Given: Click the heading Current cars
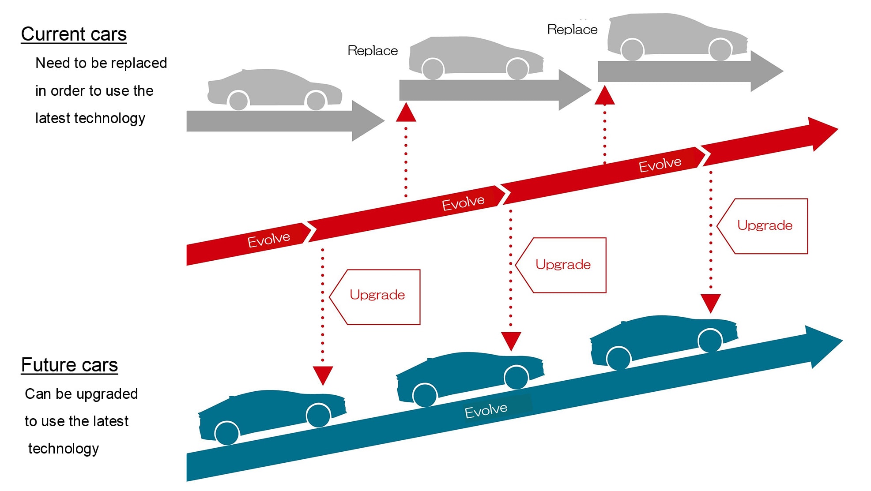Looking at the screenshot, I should pyautogui.click(x=74, y=34).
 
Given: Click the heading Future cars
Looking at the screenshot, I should pyautogui.click(x=69, y=365).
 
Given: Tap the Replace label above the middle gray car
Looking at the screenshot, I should pyautogui.click(x=373, y=51).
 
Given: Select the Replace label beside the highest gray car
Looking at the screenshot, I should pyautogui.click(x=572, y=30).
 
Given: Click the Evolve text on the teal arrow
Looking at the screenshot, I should pyautogui.click(x=486, y=411).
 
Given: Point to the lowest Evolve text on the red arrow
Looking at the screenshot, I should pyautogui.click(x=268, y=240).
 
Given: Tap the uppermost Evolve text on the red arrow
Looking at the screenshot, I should pyautogui.click(x=660, y=165).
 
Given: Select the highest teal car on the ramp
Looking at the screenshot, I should pyautogui.click(x=662, y=337).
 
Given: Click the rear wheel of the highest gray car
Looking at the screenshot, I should pyautogui.click(x=632, y=49).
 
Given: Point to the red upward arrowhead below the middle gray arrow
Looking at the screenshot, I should pyautogui.click(x=406, y=112).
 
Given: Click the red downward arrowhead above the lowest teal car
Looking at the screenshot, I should pyautogui.click(x=323, y=375).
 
